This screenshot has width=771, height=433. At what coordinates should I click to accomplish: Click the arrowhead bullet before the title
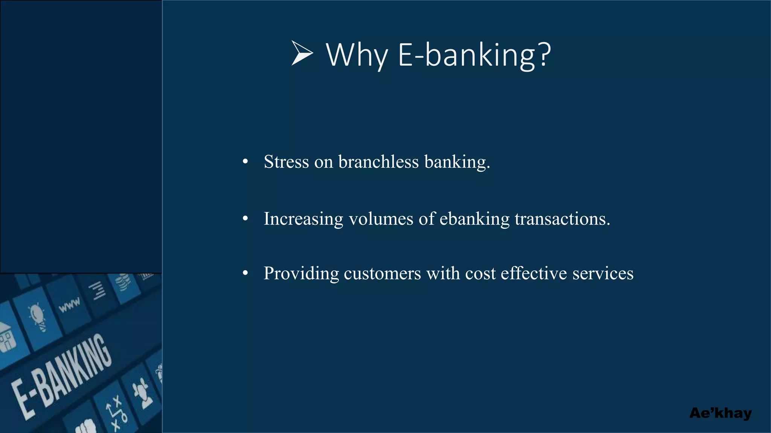[x=302, y=53]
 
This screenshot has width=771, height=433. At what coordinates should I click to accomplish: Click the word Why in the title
[x=357, y=55]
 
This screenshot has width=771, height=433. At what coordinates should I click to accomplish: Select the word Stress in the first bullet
[x=286, y=162]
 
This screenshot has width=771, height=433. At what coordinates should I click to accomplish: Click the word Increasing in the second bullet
[x=303, y=219]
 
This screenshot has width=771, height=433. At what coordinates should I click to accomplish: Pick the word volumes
[x=381, y=219]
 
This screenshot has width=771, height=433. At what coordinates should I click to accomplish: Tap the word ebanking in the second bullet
[x=474, y=219]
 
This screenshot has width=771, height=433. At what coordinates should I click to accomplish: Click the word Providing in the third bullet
[x=301, y=274]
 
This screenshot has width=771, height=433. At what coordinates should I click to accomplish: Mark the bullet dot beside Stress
[x=245, y=162]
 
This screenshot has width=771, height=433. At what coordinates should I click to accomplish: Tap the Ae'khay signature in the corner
[x=720, y=413]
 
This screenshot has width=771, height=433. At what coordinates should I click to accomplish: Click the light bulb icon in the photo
[x=37, y=316]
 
